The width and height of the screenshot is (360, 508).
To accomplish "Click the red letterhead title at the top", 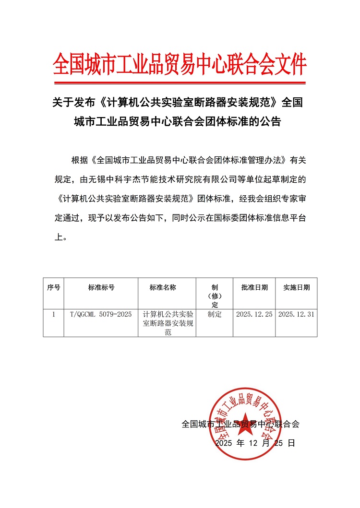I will (x=180, y=64).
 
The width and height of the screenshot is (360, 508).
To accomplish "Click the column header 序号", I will (x=53, y=288).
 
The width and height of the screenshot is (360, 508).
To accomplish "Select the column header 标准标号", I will (x=101, y=288).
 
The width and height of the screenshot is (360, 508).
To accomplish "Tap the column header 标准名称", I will (x=163, y=288).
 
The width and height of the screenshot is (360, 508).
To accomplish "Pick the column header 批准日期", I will (x=254, y=288).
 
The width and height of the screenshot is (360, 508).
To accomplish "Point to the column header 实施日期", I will (x=296, y=288).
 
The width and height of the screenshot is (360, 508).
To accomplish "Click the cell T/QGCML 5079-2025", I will (x=101, y=315).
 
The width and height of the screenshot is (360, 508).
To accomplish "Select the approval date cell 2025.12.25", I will (x=254, y=315).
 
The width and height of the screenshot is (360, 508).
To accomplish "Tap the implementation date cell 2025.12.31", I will (x=296, y=315).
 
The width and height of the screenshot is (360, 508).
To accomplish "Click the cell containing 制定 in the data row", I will (x=215, y=315).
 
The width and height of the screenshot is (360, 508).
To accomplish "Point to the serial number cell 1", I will (x=53, y=315).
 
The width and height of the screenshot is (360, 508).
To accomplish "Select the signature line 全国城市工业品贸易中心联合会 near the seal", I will (x=240, y=424).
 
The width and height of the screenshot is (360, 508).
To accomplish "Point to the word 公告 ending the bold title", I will (x=270, y=121).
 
